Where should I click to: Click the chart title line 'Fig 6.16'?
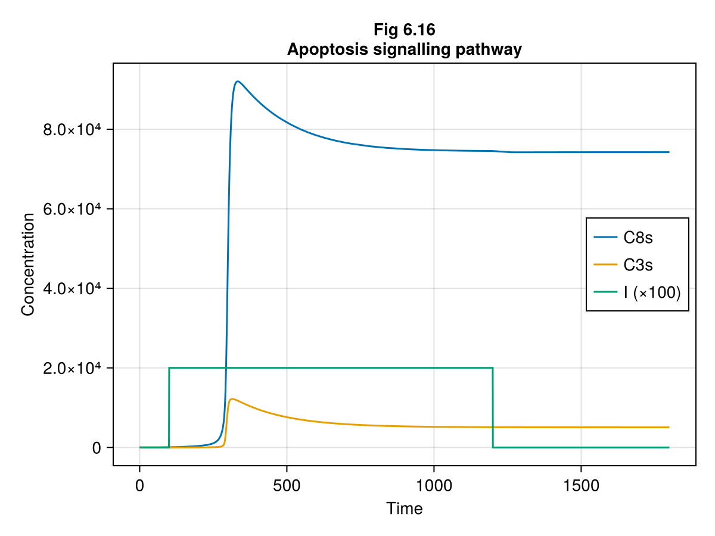point(404,29)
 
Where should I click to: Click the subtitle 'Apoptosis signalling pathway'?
point(404,50)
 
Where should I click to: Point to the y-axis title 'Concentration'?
point(27,264)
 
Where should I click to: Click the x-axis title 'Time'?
point(404,509)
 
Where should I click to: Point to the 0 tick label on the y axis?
point(95,448)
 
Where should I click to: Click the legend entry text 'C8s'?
point(638,238)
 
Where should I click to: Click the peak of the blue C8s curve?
point(238,81)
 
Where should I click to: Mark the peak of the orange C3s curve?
point(232,399)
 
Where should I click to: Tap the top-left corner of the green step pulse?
point(169,368)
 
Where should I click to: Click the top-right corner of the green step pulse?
point(493,368)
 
